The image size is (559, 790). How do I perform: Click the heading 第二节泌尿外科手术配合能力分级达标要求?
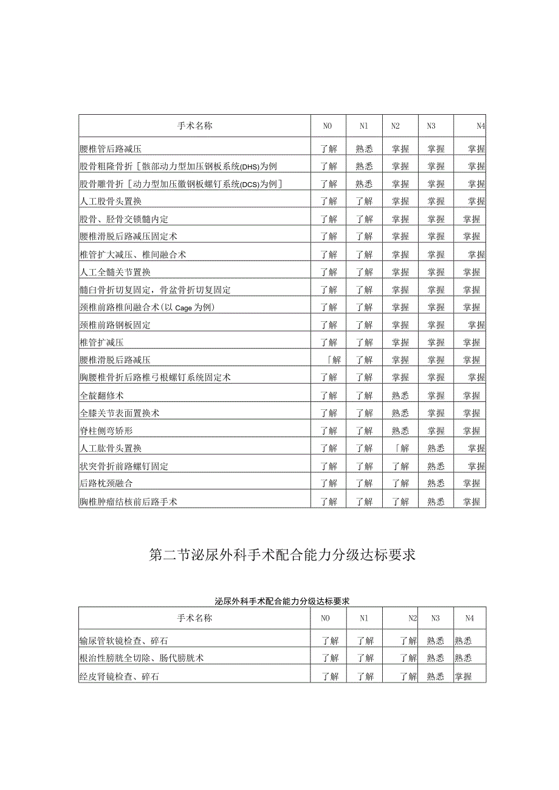[x=282, y=555]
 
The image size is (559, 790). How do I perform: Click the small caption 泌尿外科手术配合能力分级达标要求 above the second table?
[x=283, y=601]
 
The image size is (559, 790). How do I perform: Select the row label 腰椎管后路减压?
[x=111, y=148]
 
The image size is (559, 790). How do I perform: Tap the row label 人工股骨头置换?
[x=111, y=201]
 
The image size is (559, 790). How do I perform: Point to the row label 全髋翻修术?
[x=101, y=395]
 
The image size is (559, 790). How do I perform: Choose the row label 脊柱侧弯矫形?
[x=106, y=431]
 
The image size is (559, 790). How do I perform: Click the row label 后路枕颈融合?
[x=106, y=483]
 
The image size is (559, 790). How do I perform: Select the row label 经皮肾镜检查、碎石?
[x=119, y=676]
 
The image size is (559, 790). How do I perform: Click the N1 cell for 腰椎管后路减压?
[x=364, y=148]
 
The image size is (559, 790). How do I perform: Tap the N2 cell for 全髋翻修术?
[x=400, y=395]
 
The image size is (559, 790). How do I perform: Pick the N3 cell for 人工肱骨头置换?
[x=436, y=448]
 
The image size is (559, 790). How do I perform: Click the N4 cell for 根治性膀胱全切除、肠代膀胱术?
[x=463, y=658]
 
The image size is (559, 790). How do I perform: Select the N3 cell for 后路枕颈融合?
[x=436, y=483]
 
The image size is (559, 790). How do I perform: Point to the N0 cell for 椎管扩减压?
[x=329, y=342]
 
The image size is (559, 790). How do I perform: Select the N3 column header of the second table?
[x=435, y=618]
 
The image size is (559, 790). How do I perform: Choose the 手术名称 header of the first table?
[x=194, y=126]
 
